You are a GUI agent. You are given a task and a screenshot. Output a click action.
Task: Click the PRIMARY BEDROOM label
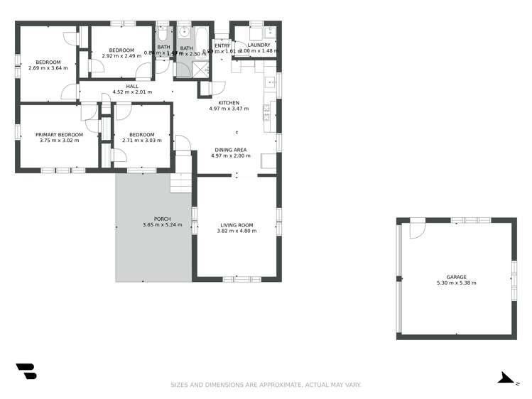click(59, 134)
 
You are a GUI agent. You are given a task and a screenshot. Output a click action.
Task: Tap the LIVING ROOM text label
click(237, 224)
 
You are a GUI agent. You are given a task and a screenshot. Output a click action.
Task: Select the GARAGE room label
click(456, 277)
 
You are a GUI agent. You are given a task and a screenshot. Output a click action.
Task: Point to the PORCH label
click(162, 219)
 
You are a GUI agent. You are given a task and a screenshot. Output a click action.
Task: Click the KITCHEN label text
click(229, 103)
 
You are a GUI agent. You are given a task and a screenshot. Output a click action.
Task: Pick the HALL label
click(133, 86)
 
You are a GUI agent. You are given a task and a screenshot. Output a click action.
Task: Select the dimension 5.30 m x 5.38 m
click(456, 283)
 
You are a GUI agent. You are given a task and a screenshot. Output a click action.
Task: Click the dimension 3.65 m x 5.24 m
click(162, 225)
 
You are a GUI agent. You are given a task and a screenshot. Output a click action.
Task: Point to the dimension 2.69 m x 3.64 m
click(48, 68)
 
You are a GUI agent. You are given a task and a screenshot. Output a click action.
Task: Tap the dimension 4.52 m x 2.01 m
click(133, 92)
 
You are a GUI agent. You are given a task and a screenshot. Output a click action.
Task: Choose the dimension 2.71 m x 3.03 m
click(142, 141)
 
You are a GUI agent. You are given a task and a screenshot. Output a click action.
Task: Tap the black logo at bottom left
click(26, 371)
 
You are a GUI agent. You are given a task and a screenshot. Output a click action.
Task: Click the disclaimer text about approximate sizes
click(266, 385)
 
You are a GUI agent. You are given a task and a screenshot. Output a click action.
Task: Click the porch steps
click(181, 182)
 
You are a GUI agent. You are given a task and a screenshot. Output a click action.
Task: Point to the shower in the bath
click(201, 68)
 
